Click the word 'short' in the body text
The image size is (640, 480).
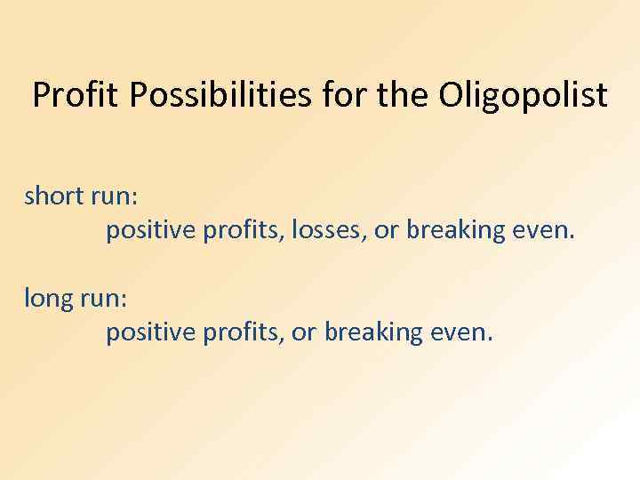coord(54,196)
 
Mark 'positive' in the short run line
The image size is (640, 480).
coord(151,231)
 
